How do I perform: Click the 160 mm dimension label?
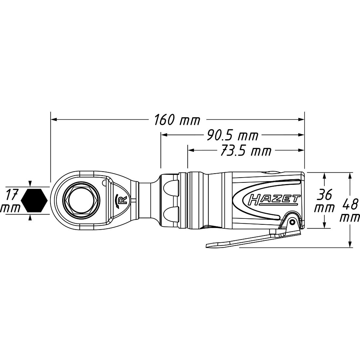click(177, 120)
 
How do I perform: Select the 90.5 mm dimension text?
click(232, 136)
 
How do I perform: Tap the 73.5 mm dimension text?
click(246, 151)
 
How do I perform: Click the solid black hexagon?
click(34, 201)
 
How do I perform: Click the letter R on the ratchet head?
click(123, 200)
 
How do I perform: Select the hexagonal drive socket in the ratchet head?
click(83, 200)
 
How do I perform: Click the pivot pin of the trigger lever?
click(292, 222)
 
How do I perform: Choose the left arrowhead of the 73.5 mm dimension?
click(191, 150)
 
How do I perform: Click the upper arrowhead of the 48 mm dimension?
click(350, 176)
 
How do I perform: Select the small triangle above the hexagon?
click(30, 184)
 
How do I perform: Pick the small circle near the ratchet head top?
click(104, 182)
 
